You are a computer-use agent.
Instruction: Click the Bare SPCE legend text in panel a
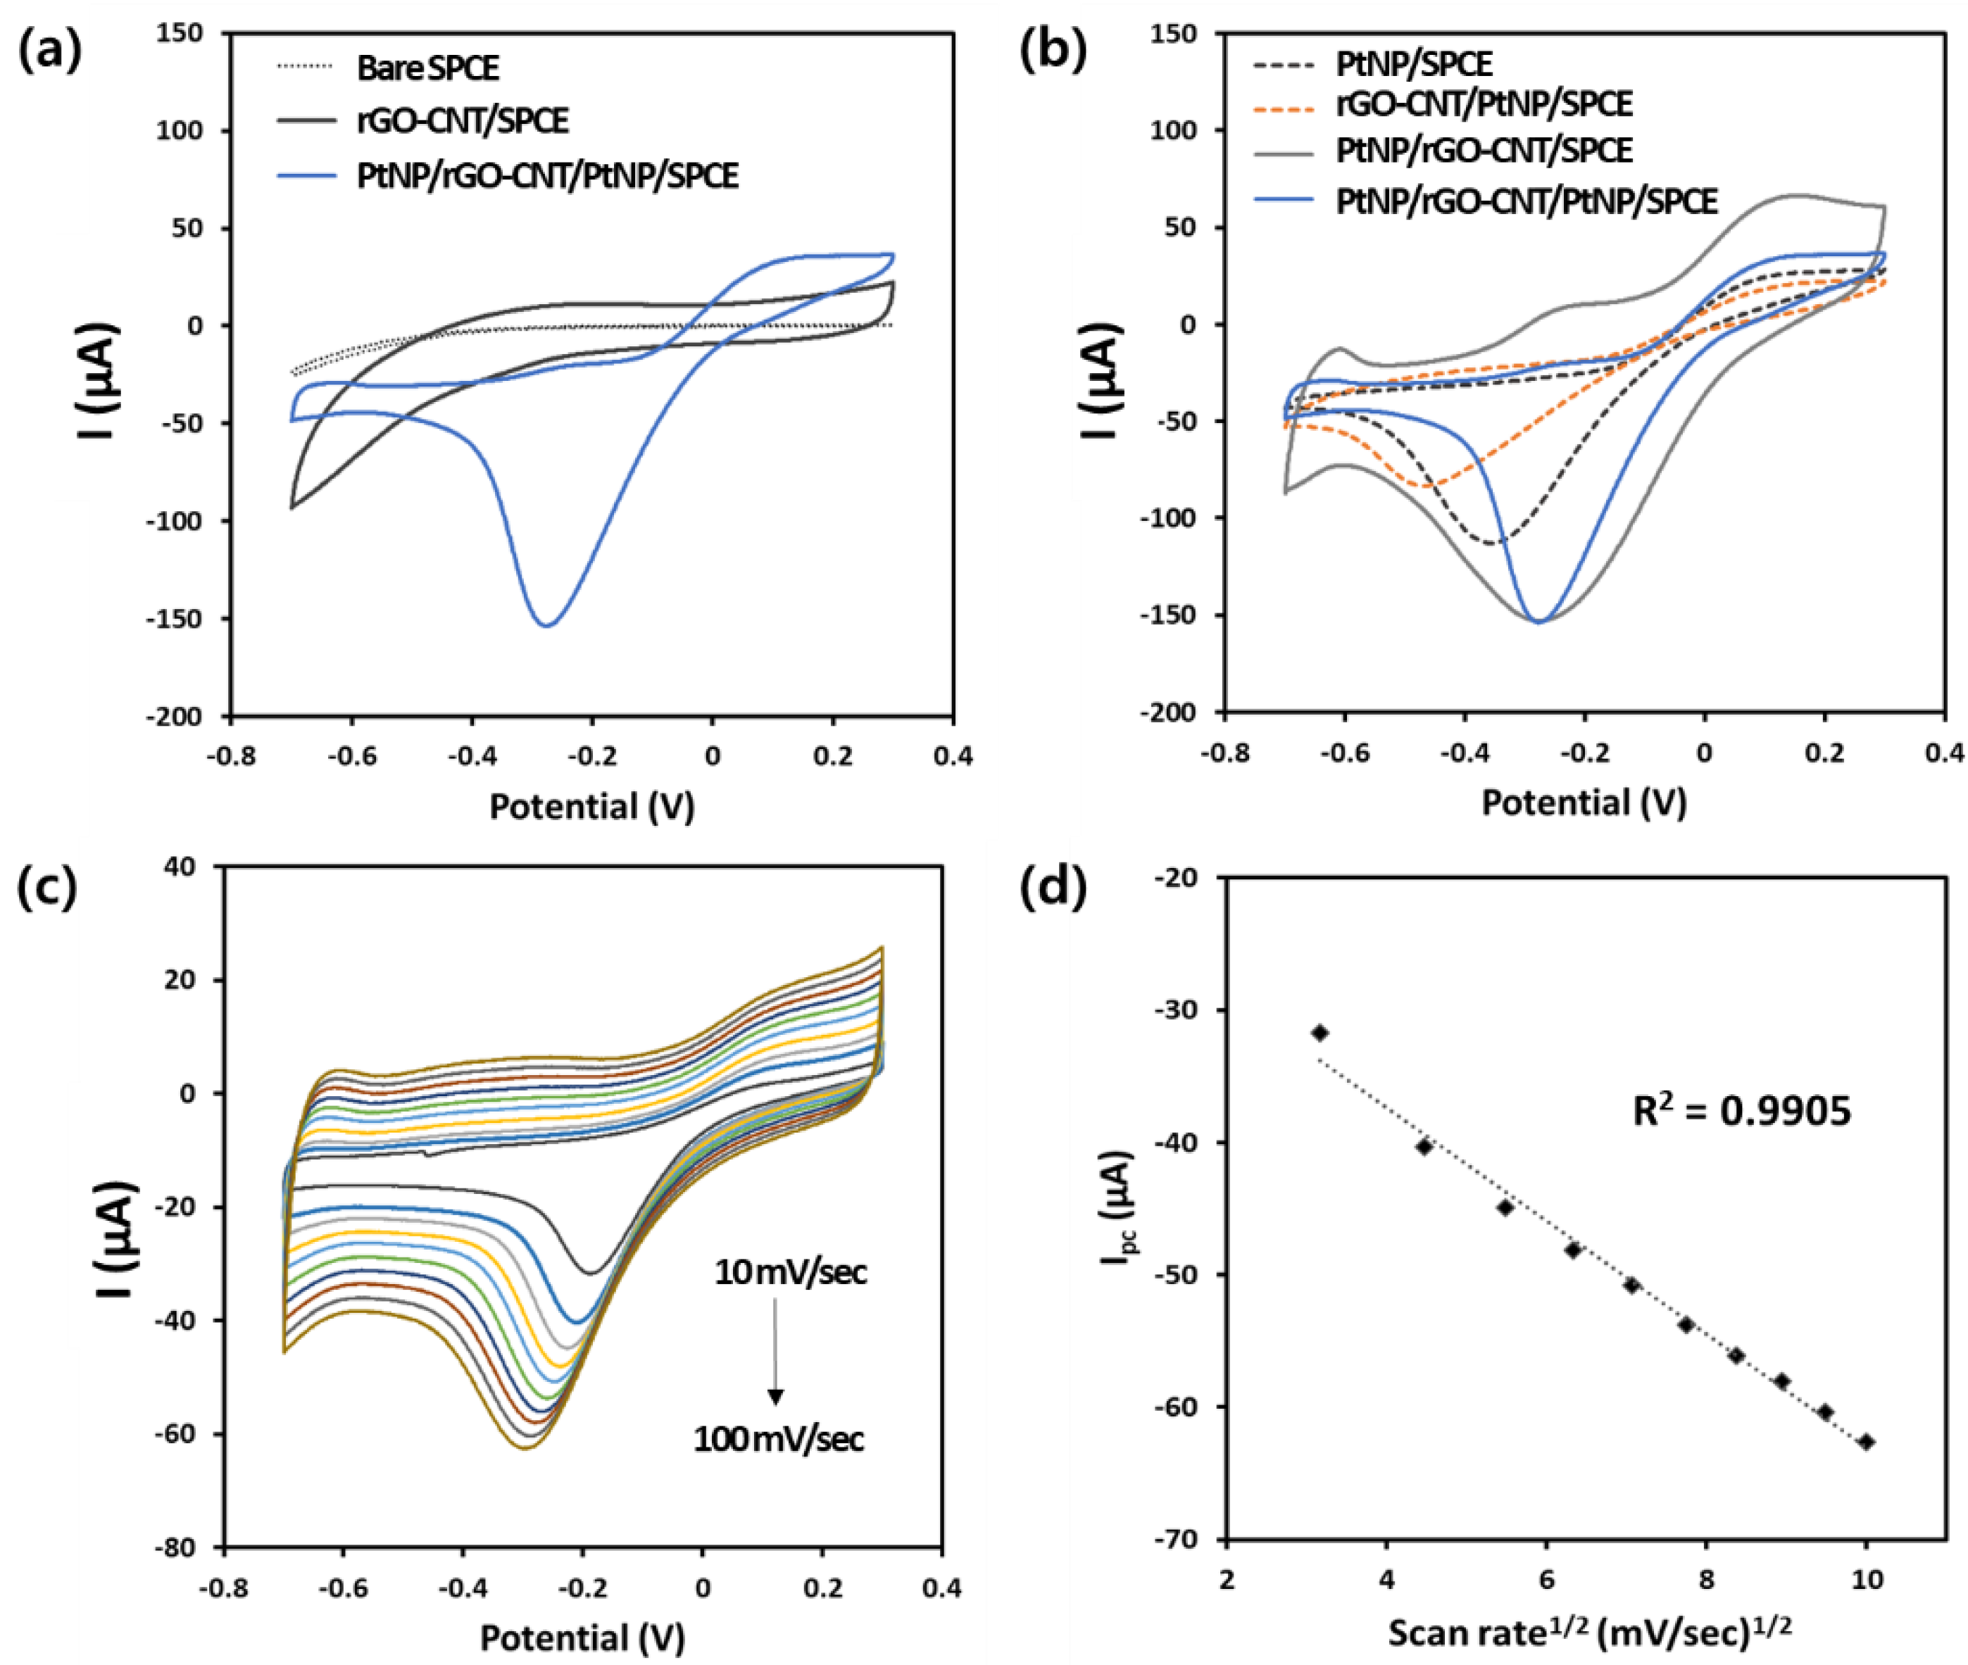click(427, 68)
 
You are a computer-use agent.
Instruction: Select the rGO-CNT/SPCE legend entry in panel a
click(463, 121)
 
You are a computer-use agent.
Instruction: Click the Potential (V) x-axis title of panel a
click(592, 806)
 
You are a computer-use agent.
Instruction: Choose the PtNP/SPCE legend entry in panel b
click(1413, 64)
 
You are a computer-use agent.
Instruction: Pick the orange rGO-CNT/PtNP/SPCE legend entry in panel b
click(1484, 103)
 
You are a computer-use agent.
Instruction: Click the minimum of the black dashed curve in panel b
click(1491, 543)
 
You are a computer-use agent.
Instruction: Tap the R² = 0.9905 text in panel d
click(1741, 1112)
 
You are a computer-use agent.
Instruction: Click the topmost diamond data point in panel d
click(1320, 1033)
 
